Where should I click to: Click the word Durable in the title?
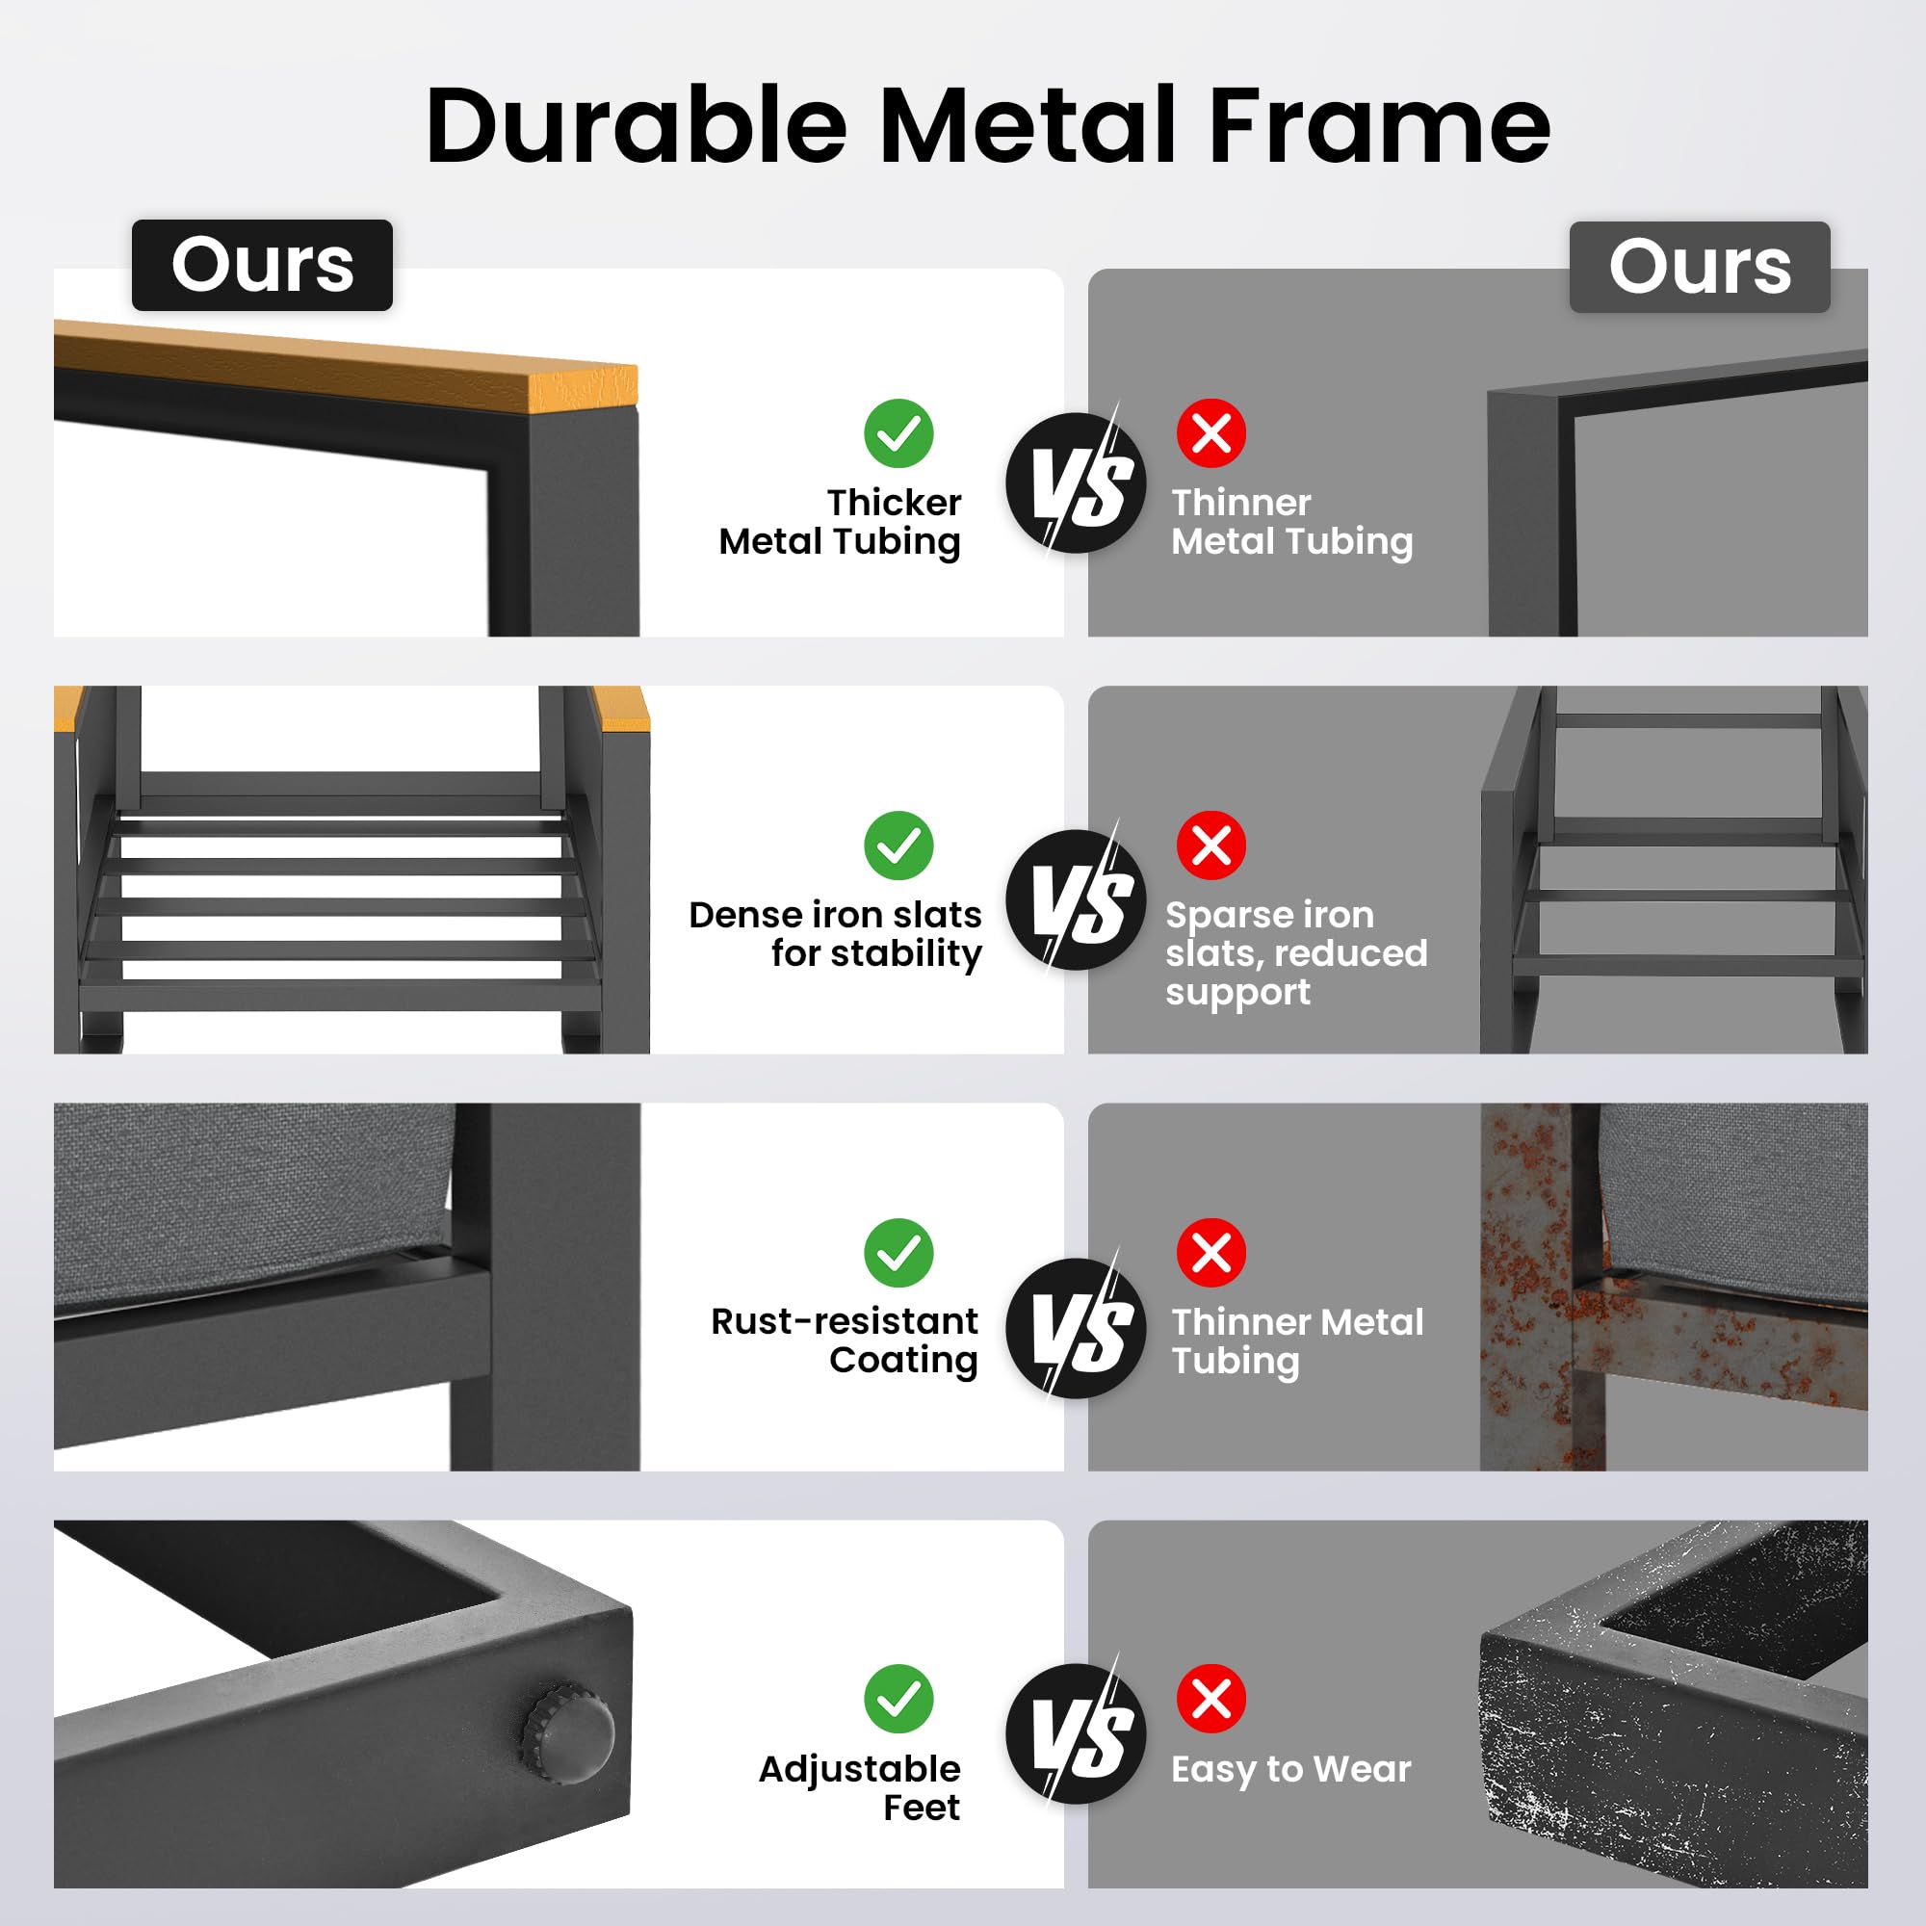click(636, 125)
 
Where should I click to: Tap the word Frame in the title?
click(1380, 125)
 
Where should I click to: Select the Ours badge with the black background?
click(262, 265)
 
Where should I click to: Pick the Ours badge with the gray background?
click(1700, 267)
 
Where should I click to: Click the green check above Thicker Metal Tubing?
click(898, 433)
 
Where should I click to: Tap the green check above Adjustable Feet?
click(898, 1698)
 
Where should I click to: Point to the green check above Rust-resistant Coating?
click(898, 1252)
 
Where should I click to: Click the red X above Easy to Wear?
click(1211, 1698)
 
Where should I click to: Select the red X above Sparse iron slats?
click(1211, 846)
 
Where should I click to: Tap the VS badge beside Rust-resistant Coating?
click(1077, 1328)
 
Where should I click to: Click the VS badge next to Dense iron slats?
click(1077, 899)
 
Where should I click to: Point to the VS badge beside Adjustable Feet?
click(1077, 1733)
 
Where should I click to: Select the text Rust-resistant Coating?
click(845, 1340)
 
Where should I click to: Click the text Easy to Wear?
click(1291, 1768)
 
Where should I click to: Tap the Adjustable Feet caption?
click(859, 1787)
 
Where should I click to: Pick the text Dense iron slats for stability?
click(835, 934)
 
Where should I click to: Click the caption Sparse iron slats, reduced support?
click(1296, 954)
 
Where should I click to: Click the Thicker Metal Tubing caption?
click(841, 522)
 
